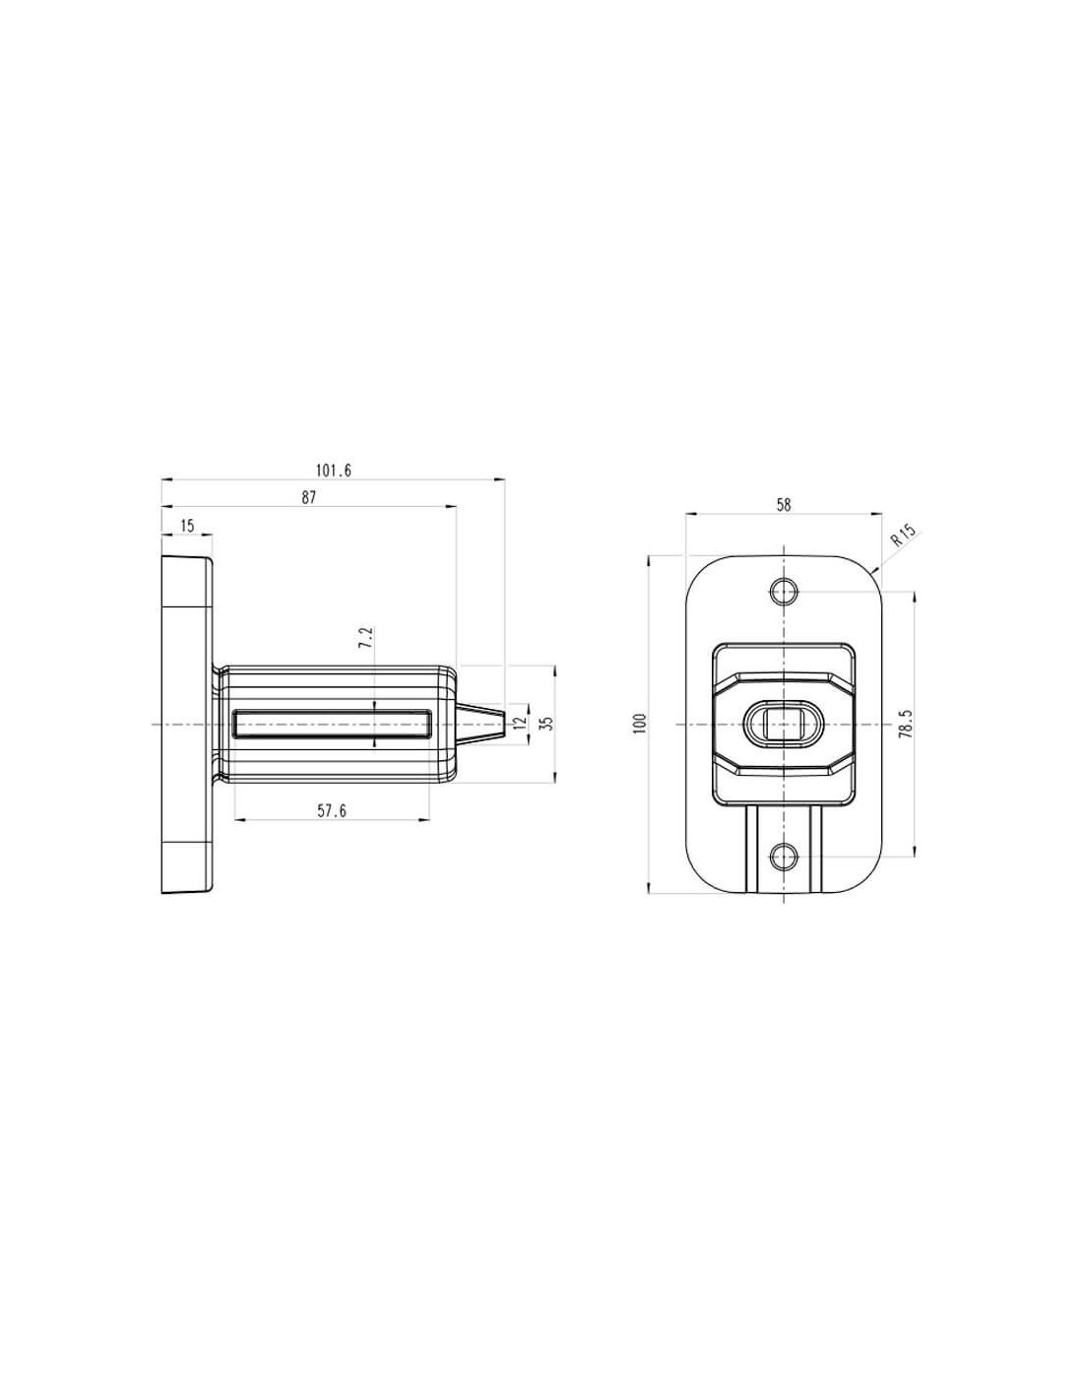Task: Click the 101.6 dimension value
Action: tap(333, 471)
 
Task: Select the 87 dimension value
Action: tap(309, 498)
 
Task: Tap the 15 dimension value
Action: tap(187, 526)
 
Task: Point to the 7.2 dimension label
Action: tap(366, 637)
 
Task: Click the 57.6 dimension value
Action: tap(332, 810)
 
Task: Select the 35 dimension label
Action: tap(547, 724)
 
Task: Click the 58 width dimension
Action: tap(784, 505)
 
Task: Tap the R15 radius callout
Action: tap(903, 536)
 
